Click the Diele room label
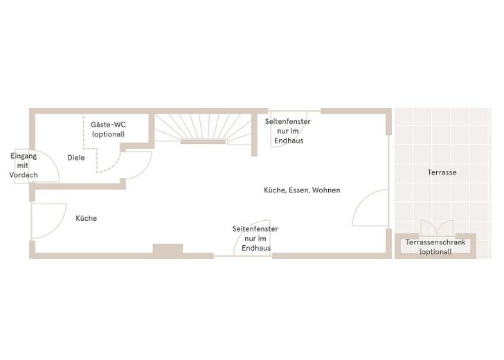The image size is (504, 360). (76, 158)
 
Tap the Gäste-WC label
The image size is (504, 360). (108, 125)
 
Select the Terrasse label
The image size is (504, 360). (442, 172)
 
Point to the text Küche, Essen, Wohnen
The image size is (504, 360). (302, 190)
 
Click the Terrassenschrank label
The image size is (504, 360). (435, 242)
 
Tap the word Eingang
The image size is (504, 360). (24, 156)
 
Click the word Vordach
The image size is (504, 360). (24, 175)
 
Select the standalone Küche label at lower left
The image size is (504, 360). (86, 218)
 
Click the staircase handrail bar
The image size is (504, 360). (203, 141)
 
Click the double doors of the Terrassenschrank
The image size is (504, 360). (437, 228)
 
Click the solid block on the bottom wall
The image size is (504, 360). (168, 249)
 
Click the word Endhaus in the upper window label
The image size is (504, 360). (289, 141)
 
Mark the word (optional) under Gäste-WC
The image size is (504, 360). (108, 134)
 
